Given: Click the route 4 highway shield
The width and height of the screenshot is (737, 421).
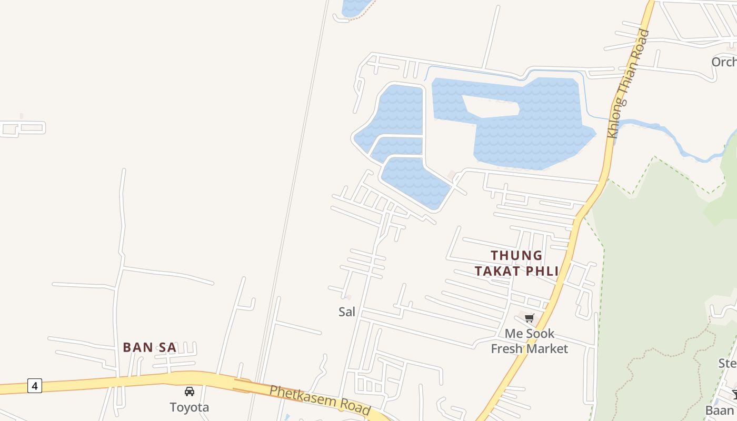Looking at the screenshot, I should [x=35, y=386].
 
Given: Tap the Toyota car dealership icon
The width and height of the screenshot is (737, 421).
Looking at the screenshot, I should [x=189, y=392].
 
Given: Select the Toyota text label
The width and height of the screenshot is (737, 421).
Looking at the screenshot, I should [x=189, y=407].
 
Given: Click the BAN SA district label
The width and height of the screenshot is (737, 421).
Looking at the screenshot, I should [x=150, y=347].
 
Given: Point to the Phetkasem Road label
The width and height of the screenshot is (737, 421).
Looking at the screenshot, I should [x=320, y=399].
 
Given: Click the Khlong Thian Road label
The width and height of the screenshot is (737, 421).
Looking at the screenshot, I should [x=629, y=84].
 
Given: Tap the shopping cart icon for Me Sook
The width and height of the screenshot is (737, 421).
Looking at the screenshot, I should [x=530, y=318].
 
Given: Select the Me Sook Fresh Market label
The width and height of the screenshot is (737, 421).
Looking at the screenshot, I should [x=530, y=341].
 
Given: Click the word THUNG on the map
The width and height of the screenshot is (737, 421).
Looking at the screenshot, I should [x=516, y=256].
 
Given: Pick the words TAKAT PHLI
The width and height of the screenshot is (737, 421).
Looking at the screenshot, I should [x=516, y=271].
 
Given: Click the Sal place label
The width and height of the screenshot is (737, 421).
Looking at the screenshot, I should [x=346, y=312].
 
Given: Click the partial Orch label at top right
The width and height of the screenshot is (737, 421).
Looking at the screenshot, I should [x=724, y=62].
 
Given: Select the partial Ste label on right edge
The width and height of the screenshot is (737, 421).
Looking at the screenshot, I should [x=727, y=363].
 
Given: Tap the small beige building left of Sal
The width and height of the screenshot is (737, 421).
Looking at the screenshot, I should [x=348, y=297].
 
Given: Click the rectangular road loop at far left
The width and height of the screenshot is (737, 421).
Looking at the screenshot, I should [x=24, y=128].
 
